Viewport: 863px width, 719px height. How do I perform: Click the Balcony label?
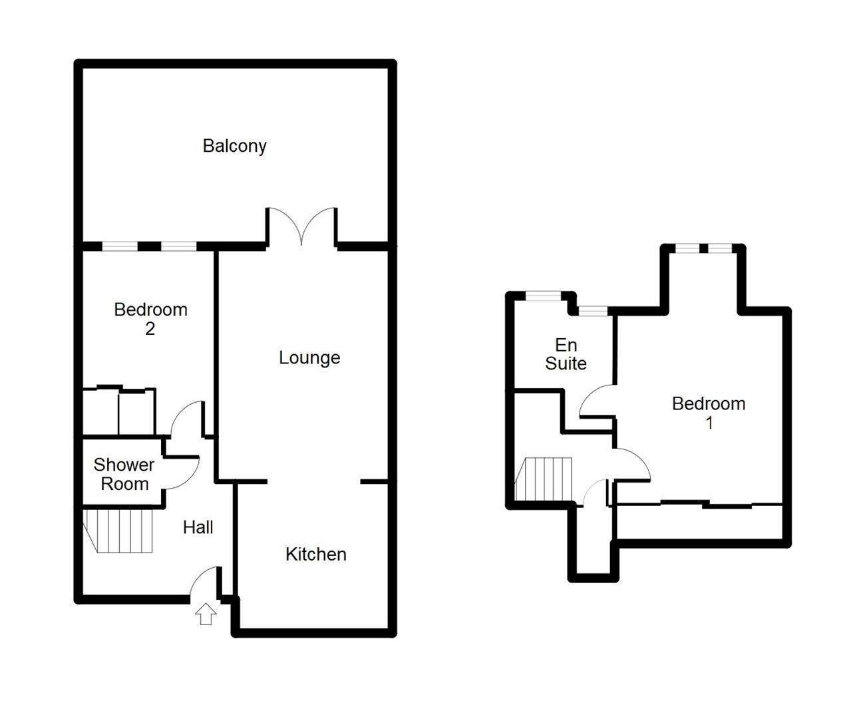point(234,146)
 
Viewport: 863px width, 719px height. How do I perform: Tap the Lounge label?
point(309,358)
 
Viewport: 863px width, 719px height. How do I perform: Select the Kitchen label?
point(316,555)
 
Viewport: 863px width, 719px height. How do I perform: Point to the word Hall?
point(198,527)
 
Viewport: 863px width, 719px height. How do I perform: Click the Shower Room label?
point(124,474)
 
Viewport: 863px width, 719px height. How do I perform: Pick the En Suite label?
point(566,354)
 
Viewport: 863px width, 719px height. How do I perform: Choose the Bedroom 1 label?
point(709,413)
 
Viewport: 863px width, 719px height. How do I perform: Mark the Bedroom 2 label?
point(150,319)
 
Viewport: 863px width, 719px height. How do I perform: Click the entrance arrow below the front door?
point(206,614)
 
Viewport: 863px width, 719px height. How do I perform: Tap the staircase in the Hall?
point(118,531)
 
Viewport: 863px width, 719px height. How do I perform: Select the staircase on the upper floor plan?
point(544,479)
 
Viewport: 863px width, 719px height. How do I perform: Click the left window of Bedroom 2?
point(120,246)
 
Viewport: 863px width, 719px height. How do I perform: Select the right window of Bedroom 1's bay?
point(721,248)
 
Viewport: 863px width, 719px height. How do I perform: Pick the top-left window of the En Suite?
point(543,296)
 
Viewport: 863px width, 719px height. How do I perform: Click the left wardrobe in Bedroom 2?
point(101,412)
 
